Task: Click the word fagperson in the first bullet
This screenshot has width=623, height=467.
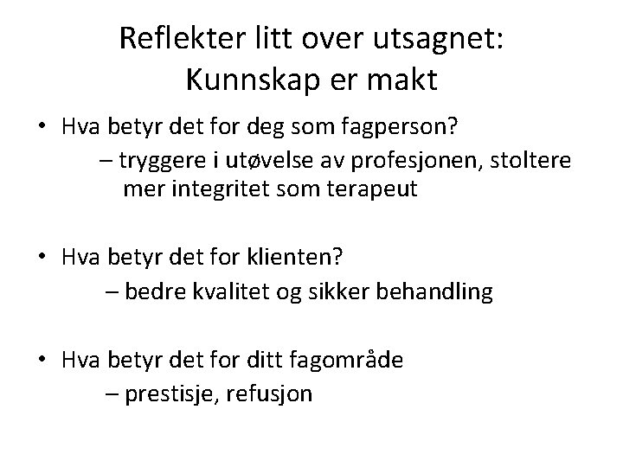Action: pos(404,128)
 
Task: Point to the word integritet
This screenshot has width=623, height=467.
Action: pos(222,189)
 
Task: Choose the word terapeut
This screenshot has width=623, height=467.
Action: pos(376,189)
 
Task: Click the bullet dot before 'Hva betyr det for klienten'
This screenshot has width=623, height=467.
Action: pos(42,258)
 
